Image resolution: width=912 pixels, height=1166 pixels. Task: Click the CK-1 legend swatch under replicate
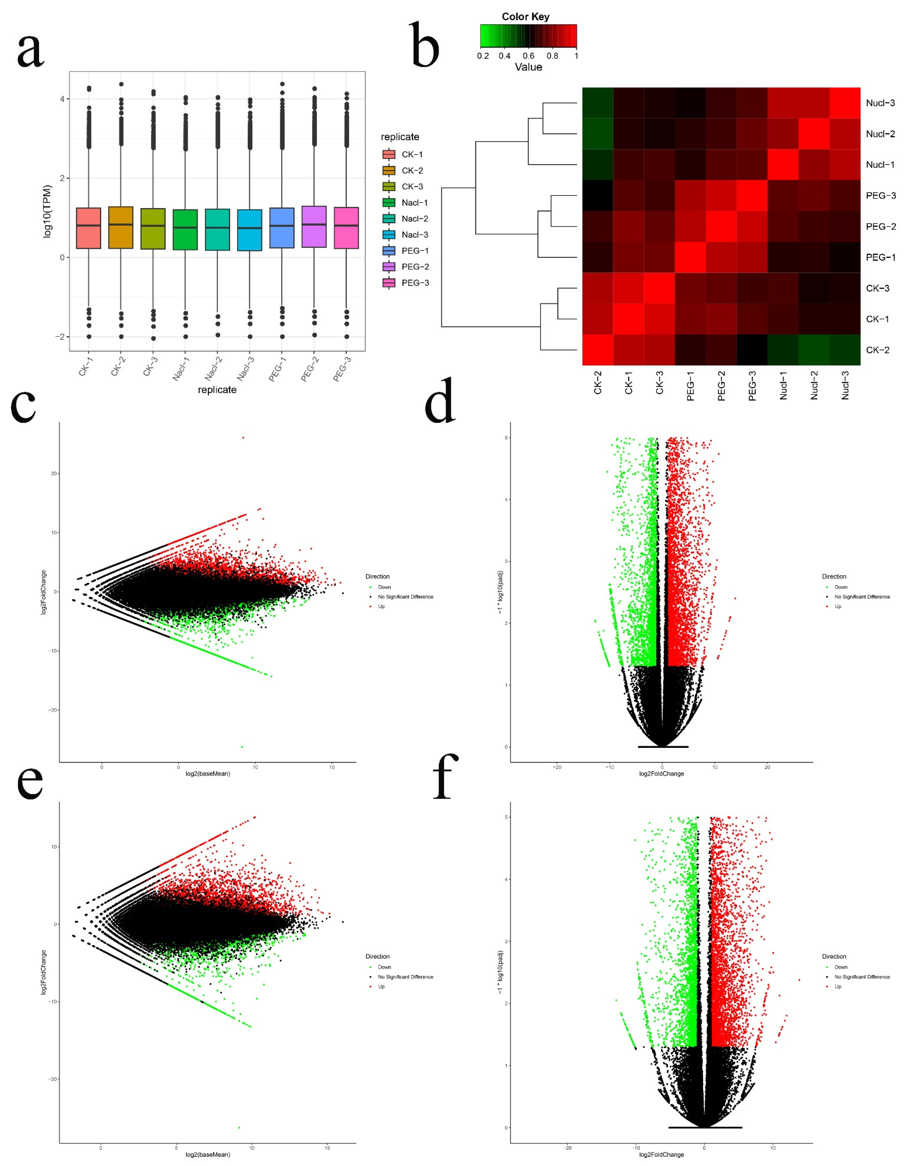[x=389, y=154]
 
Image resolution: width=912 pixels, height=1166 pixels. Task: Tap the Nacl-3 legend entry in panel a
[x=415, y=234]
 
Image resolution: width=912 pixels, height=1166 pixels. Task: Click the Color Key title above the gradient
[x=525, y=17]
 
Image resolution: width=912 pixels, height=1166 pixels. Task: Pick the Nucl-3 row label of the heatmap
[x=880, y=103]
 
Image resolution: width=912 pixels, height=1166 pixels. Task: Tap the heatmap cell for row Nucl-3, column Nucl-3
[x=845, y=103]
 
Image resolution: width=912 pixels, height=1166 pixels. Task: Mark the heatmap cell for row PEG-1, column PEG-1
[x=690, y=257]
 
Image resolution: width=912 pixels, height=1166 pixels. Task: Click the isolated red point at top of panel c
[x=243, y=438]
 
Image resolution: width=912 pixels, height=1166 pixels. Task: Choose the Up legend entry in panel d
[x=838, y=606]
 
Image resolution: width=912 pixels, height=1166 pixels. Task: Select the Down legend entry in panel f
[x=840, y=967]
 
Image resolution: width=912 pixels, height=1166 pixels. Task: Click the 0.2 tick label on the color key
[x=483, y=55]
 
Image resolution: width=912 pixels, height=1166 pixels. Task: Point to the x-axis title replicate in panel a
[x=217, y=390]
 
